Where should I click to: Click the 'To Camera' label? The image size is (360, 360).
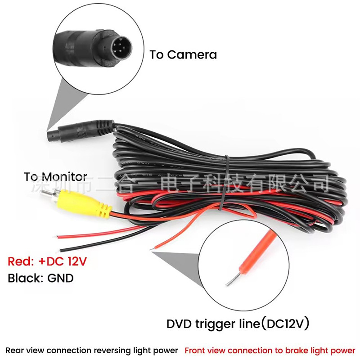pos(183,55)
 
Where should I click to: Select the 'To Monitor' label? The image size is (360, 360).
pos(55,177)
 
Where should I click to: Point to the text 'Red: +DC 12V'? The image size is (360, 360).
pos(47,261)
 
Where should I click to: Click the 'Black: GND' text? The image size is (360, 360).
pos(40,278)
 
